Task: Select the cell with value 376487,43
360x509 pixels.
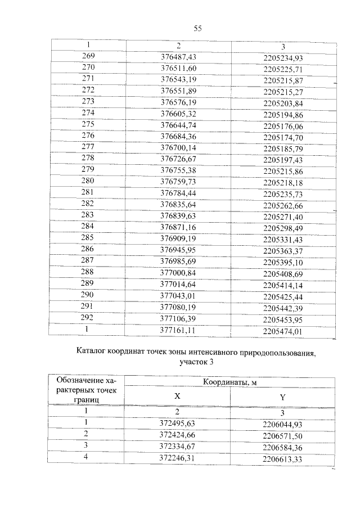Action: (x=178, y=57)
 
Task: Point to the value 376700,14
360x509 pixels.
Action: (x=178, y=148)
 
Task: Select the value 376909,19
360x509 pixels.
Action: (x=178, y=239)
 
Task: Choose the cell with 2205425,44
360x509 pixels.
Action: (x=283, y=296)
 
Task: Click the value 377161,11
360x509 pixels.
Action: (x=178, y=331)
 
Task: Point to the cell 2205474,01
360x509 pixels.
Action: (x=283, y=331)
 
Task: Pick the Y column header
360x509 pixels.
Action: (x=282, y=398)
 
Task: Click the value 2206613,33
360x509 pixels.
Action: (x=283, y=458)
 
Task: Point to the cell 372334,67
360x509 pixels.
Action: (x=178, y=447)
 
